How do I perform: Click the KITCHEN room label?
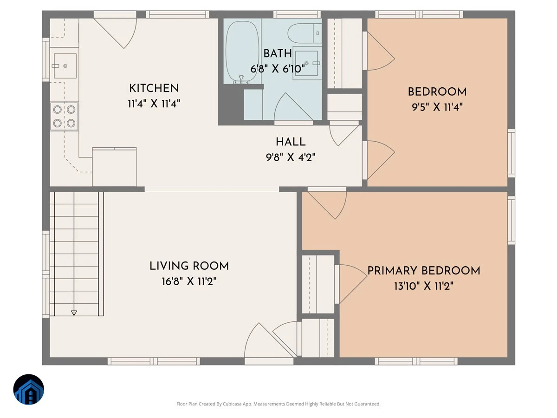coord(154,88)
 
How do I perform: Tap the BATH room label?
coord(278,53)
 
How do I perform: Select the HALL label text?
coord(291,142)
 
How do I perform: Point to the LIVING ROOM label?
coord(189,266)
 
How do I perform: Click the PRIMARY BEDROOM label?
coord(424,271)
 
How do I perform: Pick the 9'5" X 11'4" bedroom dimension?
coord(437,107)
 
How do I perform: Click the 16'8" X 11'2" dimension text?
coord(189,281)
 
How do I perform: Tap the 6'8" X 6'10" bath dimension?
coord(278,69)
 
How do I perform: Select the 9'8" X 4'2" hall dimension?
coord(291,157)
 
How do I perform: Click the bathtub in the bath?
coord(242,52)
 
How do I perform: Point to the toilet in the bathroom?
coord(304,33)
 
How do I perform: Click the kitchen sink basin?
coord(65,66)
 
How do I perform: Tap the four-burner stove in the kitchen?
coord(64,117)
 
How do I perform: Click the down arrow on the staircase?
coord(74,313)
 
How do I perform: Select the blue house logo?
coord(29,389)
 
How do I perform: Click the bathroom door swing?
coord(293,108)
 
